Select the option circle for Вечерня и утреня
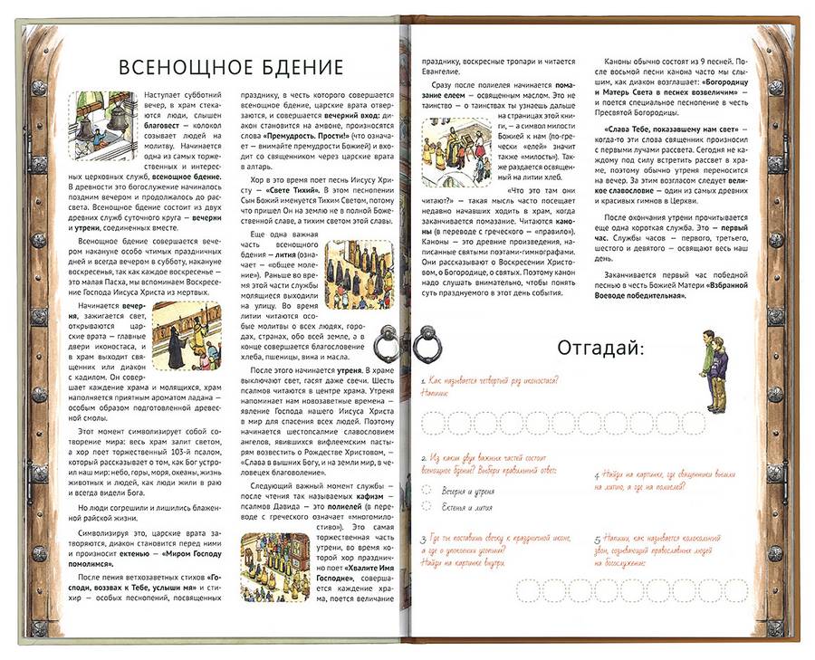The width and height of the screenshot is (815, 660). pos(426,490)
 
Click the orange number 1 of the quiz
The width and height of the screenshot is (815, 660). pos(423,385)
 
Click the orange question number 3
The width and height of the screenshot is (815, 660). pos(423,540)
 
